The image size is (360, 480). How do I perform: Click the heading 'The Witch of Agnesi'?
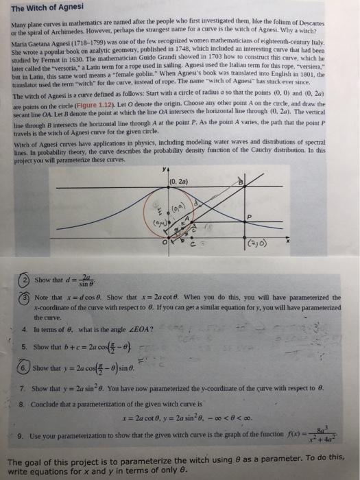[46, 8]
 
